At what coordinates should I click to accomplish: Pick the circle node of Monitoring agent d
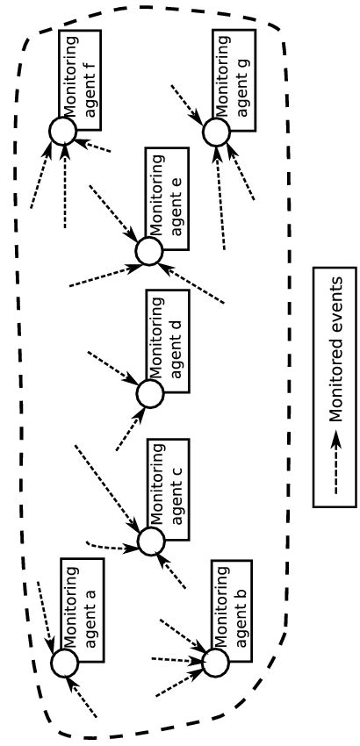click(x=150, y=394)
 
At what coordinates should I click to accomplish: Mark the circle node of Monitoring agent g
click(x=216, y=132)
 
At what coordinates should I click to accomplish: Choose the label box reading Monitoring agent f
click(x=80, y=75)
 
